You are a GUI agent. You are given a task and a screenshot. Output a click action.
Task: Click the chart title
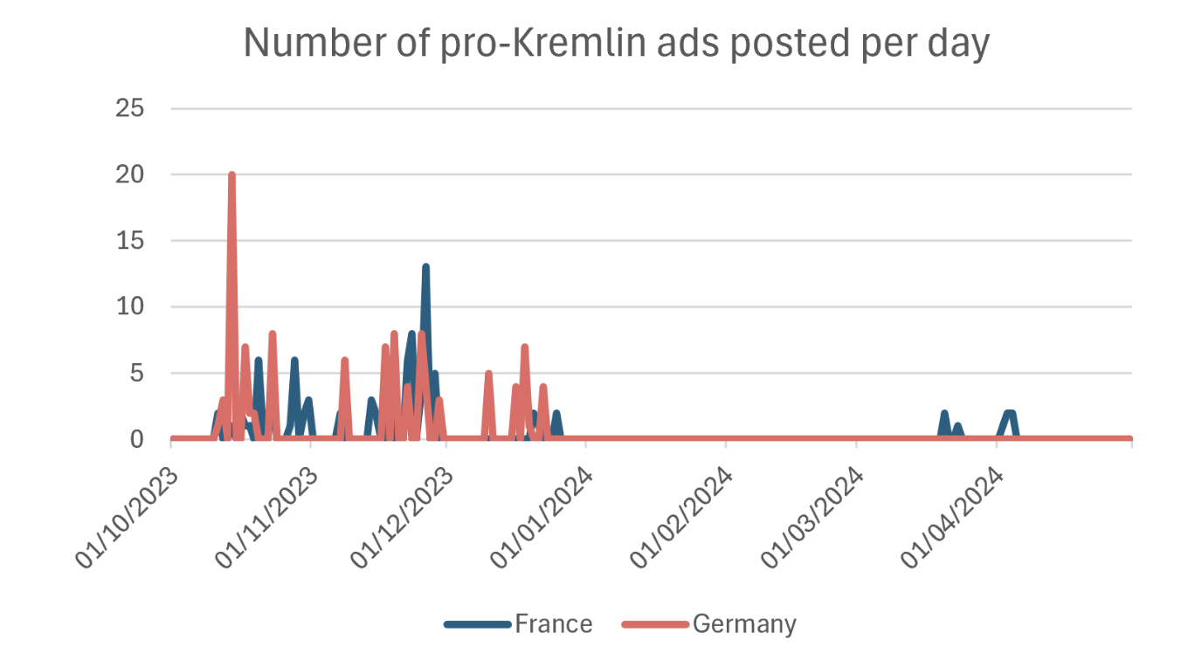pyautogui.click(x=616, y=43)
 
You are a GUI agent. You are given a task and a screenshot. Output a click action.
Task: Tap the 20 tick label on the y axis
pyautogui.click(x=129, y=175)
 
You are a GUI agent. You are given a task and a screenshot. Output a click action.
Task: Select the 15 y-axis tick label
pyautogui.click(x=129, y=241)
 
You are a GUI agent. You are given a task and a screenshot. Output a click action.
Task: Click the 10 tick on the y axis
pyautogui.click(x=129, y=307)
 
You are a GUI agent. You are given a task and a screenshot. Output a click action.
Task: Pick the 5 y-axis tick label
pyautogui.click(x=136, y=374)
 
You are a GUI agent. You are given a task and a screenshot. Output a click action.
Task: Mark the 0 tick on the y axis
pyautogui.click(x=136, y=439)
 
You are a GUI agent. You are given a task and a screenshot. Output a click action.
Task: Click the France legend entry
pyautogui.click(x=553, y=624)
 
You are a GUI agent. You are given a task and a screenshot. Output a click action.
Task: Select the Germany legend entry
pyautogui.click(x=744, y=624)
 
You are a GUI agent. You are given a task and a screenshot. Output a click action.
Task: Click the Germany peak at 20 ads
pyautogui.click(x=231, y=175)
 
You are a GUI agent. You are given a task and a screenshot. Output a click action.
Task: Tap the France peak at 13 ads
pyautogui.click(x=425, y=267)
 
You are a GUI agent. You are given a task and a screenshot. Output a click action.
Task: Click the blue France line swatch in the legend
pyautogui.click(x=477, y=624)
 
